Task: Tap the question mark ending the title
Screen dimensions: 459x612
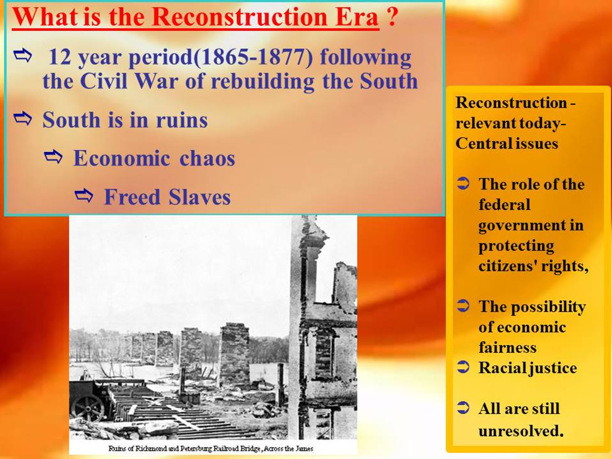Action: coord(392,17)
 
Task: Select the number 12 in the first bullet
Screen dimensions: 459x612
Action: coord(60,57)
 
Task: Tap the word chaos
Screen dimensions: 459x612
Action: coord(207,159)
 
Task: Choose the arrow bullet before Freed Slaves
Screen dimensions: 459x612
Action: coord(84,195)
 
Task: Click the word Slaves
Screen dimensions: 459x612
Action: coord(199,197)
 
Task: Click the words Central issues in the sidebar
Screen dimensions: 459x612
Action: coord(507,143)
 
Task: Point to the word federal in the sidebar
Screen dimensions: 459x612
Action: coord(504,205)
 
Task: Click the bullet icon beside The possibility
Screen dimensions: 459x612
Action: coord(463,306)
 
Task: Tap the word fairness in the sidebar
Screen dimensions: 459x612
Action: coord(507,348)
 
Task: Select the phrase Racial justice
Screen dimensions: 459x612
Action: coord(527,368)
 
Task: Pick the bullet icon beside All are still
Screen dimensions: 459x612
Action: coord(463,408)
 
